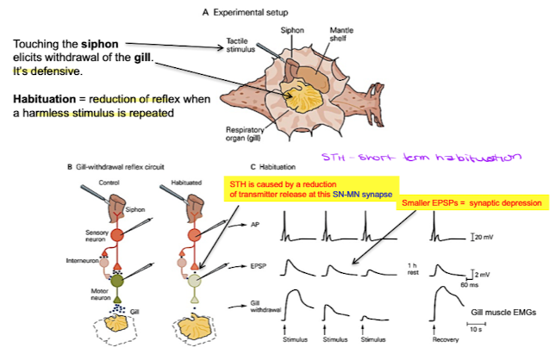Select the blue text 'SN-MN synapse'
[357, 196]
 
